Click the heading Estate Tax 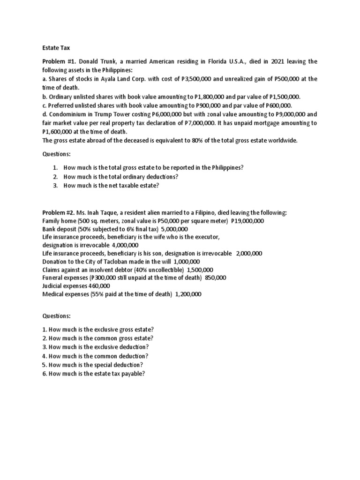click(55, 47)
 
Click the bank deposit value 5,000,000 click(174, 229)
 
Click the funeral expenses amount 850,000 click(214, 277)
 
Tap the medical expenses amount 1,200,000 click(188, 294)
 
